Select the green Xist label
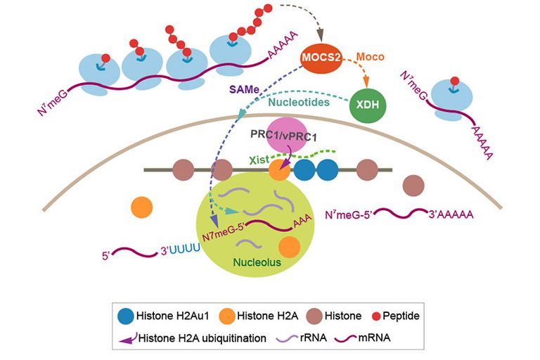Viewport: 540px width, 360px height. click(x=259, y=160)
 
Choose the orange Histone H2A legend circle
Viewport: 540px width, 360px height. click(x=236, y=316)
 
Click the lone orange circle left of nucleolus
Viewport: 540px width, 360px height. click(x=142, y=207)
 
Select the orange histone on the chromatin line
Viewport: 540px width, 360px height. click(x=279, y=170)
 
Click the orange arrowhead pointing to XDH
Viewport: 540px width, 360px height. click(x=364, y=86)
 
